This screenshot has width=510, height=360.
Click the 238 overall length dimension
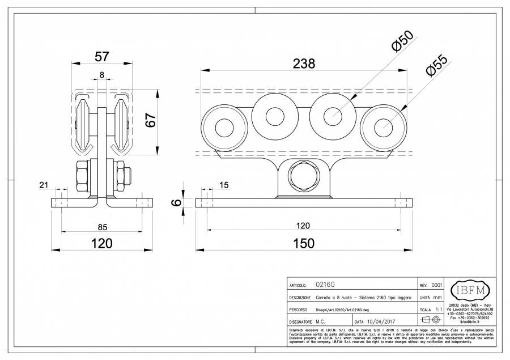[304, 64]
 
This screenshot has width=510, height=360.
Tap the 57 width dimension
[101, 57]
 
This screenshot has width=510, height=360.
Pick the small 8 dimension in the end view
[101, 75]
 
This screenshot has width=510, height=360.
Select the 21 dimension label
[44, 185]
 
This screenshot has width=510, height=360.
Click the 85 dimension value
[102, 228]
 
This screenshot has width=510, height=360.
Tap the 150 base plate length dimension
[303, 243]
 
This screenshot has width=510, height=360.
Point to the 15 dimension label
[223, 185]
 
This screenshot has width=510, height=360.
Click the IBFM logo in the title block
[469, 291]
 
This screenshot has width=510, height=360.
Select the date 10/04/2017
[383, 321]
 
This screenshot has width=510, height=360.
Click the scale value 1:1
[439, 310]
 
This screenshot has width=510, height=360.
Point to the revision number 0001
[437, 285]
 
